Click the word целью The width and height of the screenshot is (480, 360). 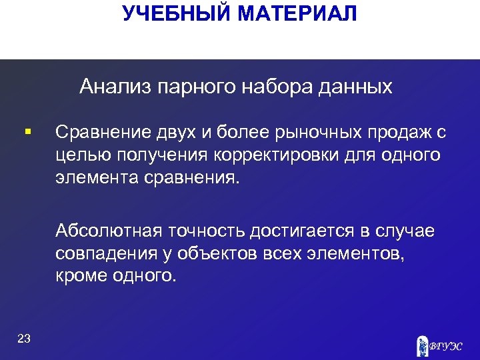(x=79, y=155)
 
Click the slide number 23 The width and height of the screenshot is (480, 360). (x=24, y=339)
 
